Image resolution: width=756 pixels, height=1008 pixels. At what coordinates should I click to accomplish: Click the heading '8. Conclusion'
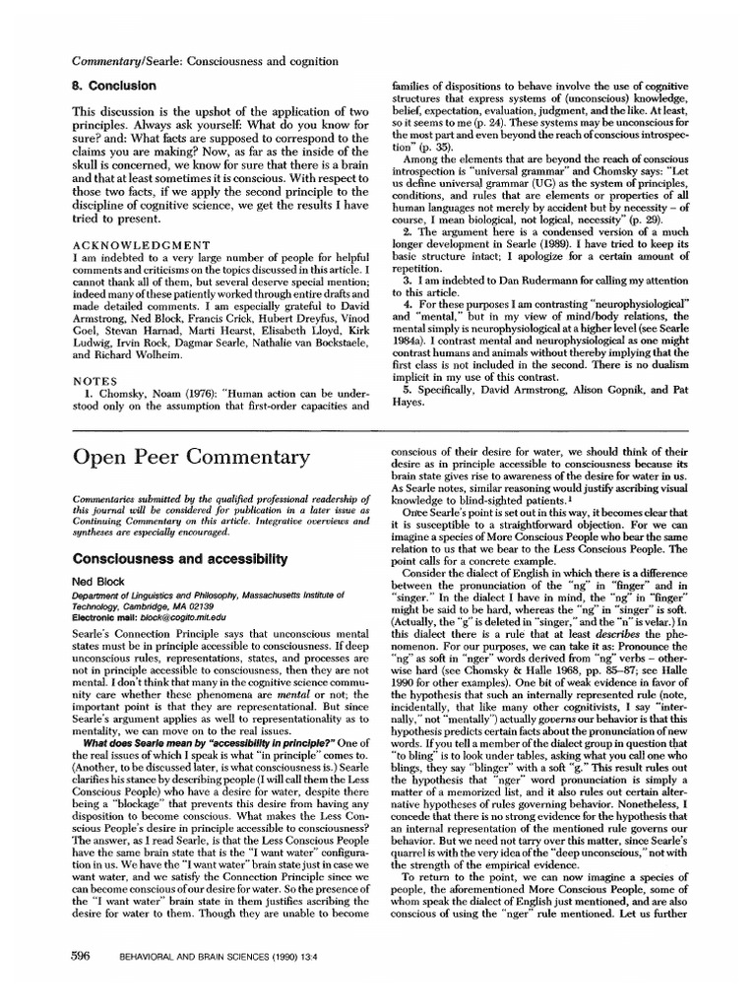[115, 86]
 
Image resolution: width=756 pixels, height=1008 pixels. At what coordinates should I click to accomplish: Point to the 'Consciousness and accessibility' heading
[171, 559]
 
